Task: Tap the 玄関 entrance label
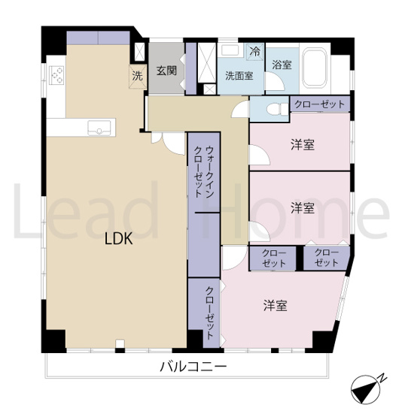(x=166, y=71)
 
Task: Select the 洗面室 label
(x=239, y=75)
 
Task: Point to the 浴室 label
(x=282, y=65)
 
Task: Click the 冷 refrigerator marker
(x=255, y=52)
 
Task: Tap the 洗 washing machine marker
(x=137, y=75)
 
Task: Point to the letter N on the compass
(x=383, y=378)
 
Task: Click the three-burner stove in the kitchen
(x=58, y=77)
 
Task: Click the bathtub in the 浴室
(x=313, y=68)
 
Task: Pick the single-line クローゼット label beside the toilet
(x=319, y=104)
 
